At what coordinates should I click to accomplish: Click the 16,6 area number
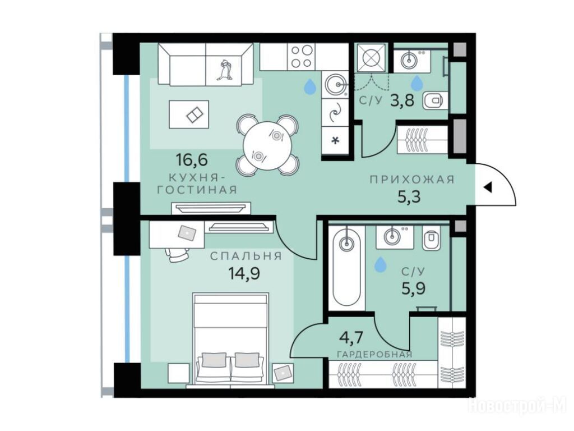[x=192, y=159]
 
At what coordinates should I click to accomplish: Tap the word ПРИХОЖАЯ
[x=412, y=180]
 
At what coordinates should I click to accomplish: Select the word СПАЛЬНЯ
[x=246, y=256]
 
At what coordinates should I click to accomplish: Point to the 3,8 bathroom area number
[x=402, y=100]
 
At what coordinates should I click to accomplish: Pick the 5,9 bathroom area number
[x=414, y=289]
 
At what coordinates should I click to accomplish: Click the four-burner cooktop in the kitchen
[x=301, y=57]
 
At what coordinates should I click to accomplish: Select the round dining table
[x=267, y=145]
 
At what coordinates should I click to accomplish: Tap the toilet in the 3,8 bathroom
[x=433, y=100]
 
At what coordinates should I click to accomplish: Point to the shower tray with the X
[x=372, y=58]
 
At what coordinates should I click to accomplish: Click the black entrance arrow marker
[x=488, y=187]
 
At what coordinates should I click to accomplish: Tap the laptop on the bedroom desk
[x=187, y=232]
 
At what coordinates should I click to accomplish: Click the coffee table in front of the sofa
[x=189, y=114]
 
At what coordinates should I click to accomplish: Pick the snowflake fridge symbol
[x=335, y=140]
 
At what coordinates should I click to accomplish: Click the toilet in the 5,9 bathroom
[x=431, y=238]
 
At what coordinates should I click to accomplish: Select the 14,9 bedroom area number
[x=244, y=273]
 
